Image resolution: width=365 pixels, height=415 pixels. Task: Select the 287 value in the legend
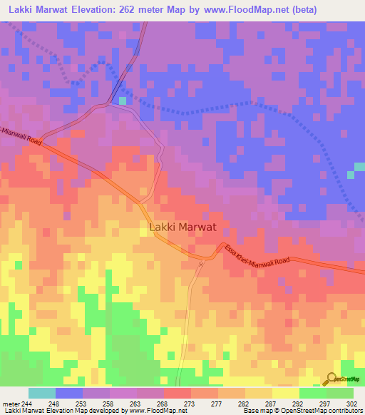tap(272, 403)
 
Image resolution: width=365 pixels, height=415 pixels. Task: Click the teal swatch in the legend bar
tap(42, 393)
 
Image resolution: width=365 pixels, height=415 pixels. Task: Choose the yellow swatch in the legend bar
tap(285, 393)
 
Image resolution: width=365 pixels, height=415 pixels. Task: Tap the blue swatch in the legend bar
tap(69, 393)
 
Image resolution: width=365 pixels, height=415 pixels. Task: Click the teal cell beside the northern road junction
tap(123, 101)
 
